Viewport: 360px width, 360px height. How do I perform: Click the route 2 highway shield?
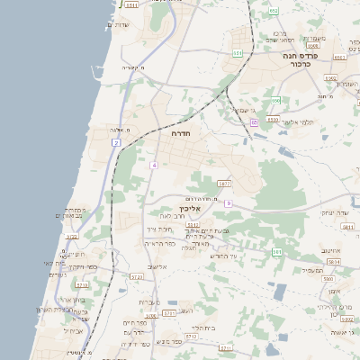point(116,142)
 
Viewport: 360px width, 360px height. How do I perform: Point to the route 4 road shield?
point(154,165)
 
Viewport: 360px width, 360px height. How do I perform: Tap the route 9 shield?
point(229,203)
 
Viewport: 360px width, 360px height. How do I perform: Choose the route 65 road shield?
point(255,121)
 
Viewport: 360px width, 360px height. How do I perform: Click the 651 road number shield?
point(238,54)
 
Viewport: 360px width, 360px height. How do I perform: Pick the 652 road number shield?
point(273,11)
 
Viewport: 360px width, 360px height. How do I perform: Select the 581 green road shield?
point(277,252)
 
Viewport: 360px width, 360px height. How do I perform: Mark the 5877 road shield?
point(225,184)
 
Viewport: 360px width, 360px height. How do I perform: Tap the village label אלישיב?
point(156,266)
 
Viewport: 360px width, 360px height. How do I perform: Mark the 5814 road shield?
point(333,261)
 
